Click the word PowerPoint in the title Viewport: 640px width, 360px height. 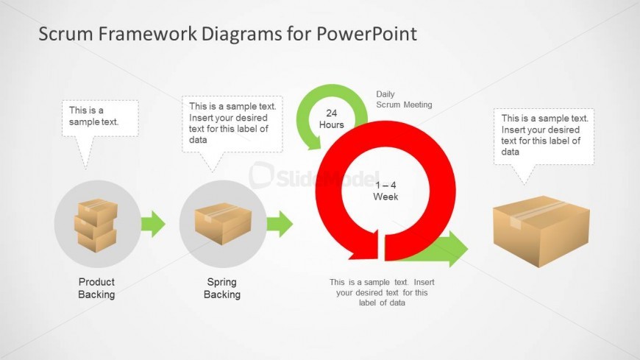coord(366,34)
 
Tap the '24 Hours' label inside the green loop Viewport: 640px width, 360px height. coord(332,119)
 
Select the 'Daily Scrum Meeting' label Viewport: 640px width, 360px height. coord(404,99)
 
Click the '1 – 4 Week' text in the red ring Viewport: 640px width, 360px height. coord(385,191)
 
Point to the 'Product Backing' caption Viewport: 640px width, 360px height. coord(96,288)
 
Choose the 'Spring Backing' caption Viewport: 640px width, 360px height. coord(222,288)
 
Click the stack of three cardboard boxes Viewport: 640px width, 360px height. coord(96,225)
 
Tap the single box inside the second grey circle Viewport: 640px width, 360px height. coord(223,224)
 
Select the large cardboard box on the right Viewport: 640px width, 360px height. coord(541,231)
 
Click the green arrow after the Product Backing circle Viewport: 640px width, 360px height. coord(153,224)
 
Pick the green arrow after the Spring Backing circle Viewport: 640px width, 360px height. coord(280,224)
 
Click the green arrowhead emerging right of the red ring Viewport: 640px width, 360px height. coord(457,248)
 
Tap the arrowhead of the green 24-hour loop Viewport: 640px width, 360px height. coord(314,142)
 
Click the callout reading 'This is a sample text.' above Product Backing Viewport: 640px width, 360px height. coord(100,119)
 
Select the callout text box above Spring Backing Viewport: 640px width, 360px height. coord(232,124)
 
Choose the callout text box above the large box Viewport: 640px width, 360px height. coord(544,136)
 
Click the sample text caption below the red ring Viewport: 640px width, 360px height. coord(382,292)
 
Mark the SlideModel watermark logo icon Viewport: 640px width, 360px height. coord(261,175)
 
